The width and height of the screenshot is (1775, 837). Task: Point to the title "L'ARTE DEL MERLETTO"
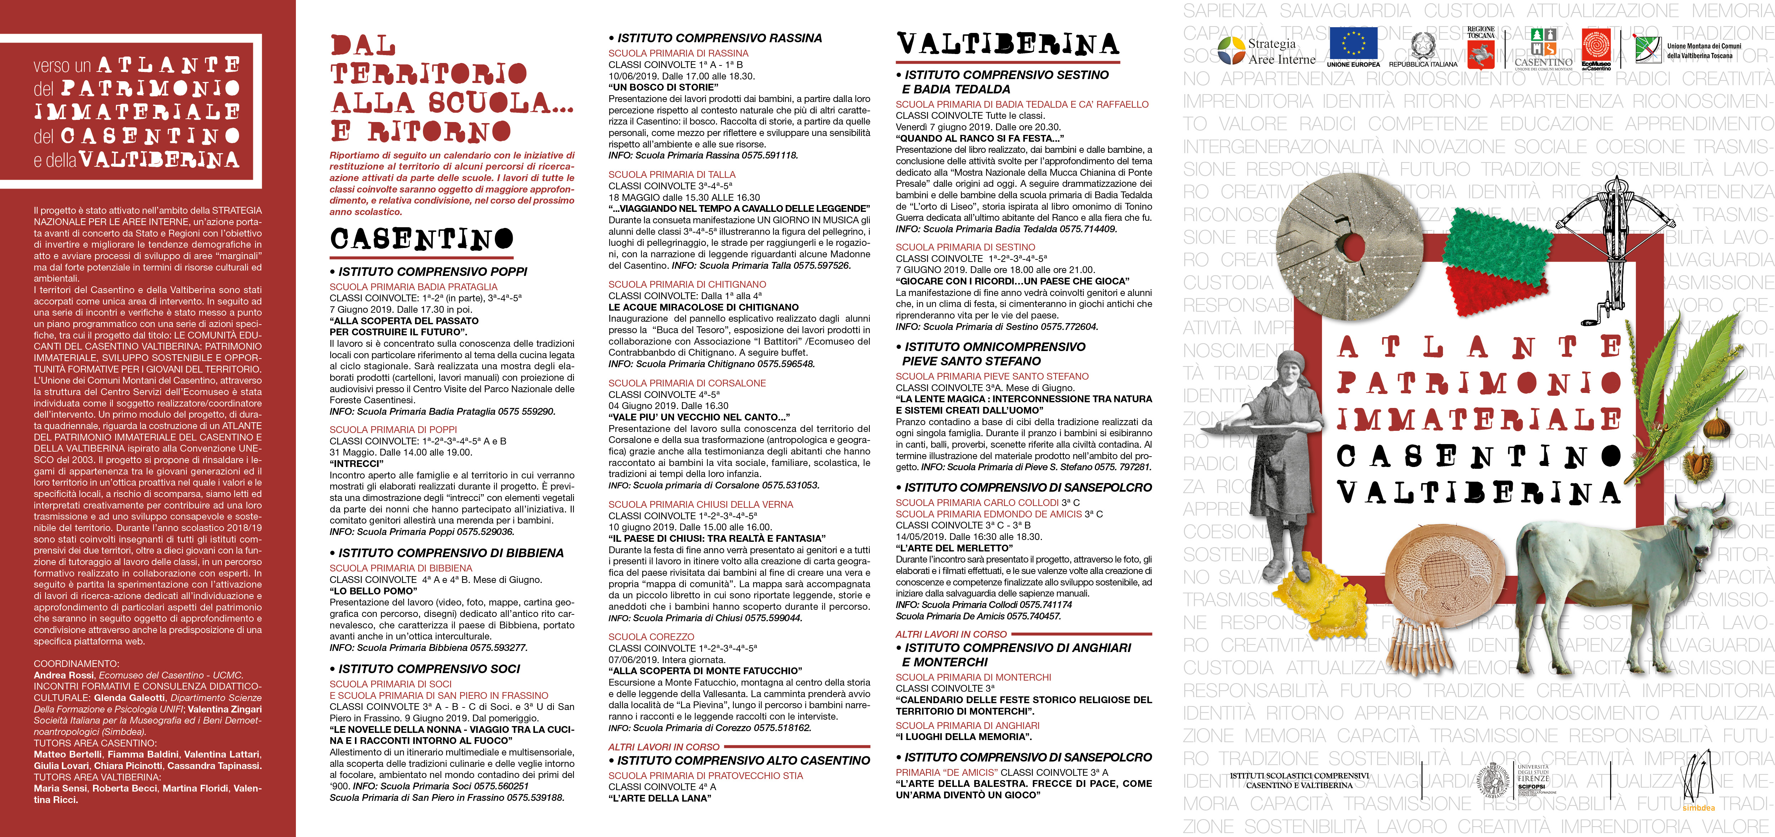coord(954,548)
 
